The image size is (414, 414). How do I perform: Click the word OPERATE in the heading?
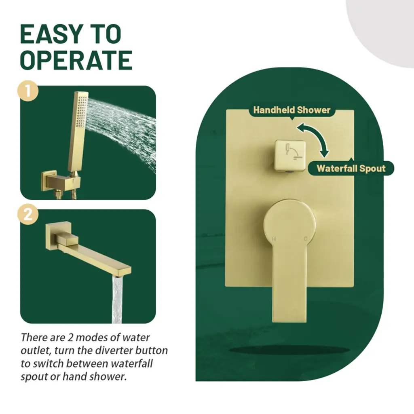(76, 60)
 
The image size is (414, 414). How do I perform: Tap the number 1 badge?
(28, 91)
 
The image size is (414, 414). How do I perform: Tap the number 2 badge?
(28, 214)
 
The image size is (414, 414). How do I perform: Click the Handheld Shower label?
(292, 110)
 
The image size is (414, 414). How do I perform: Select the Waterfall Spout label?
(351, 169)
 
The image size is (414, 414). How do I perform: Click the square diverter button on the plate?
(290, 155)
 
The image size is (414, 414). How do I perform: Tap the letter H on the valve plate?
(274, 239)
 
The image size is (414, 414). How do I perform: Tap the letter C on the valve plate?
(306, 239)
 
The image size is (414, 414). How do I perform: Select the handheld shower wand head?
(78, 132)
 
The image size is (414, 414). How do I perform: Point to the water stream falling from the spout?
(117, 300)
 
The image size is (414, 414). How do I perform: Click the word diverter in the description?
(114, 351)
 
